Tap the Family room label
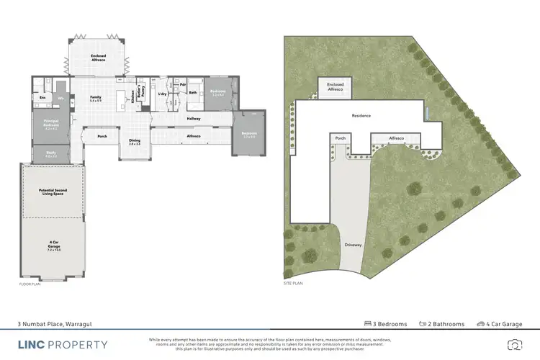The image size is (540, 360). pyautogui.click(x=94, y=98)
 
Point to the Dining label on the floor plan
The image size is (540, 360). pyautogui.click(x=134, y=142)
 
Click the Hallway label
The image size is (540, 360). pyautogui.click(x=194, y=118)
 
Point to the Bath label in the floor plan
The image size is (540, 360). pyautogui.click(x=193, y=93)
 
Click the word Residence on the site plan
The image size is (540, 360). pyautogui.click(x=361, y=115)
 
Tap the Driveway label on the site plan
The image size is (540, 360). pyautogui.click(x=353, y=245)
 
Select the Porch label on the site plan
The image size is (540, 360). pyautogui.click(x=341, y=138)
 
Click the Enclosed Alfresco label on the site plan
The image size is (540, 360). pyautogui.click(x=336, y=87)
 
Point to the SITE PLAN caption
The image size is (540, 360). pyautogui.click(x=292, y=285)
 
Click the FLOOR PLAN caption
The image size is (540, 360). pyautogui.click(x=30, y=285)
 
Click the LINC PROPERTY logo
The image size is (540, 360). pyautogui.click(x=63, y=344)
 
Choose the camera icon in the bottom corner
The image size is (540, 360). pyautogui.click(x=514, y=344)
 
